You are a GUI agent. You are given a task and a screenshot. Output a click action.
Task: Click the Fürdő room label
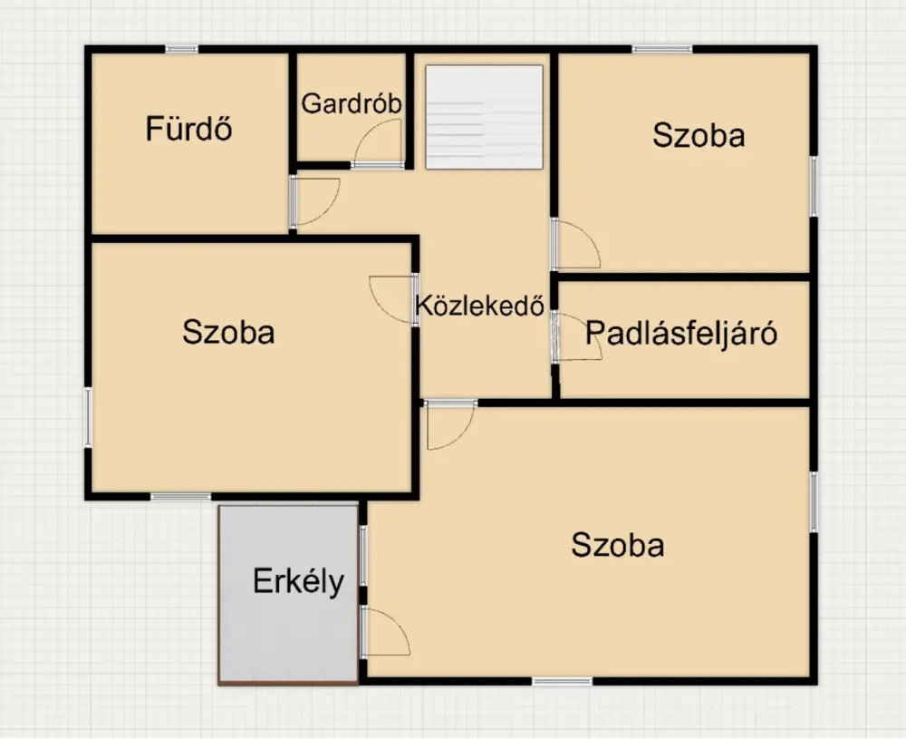coord(188,129)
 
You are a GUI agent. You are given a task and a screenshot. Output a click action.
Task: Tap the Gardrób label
coord(352,103)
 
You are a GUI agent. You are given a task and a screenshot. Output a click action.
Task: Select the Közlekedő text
coord(480,306)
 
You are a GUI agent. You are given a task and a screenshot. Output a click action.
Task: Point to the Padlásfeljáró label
coord(681,333)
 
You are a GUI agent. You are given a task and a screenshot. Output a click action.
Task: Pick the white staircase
coord(484,117)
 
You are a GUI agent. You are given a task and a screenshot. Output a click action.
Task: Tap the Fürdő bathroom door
coord(315,201)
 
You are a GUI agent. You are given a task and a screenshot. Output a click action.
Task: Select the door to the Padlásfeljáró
coord(576,337)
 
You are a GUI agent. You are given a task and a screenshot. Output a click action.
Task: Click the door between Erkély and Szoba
coord(385,631)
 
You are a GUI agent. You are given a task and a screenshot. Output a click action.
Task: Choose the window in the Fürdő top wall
coord(181,50)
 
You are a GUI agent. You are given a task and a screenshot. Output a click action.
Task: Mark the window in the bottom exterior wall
coord(563,681)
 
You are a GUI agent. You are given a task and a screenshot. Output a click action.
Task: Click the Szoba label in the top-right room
coord(699,135)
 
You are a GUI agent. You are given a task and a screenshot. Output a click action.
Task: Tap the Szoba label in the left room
coord(228,333)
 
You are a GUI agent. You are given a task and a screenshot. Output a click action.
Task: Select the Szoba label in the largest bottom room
coord(618,545)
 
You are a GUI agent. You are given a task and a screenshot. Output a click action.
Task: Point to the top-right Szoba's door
coord(576,243)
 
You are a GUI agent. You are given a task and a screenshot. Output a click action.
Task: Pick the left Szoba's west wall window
coord(89,417)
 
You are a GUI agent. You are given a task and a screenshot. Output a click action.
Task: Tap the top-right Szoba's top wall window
coord(662,50)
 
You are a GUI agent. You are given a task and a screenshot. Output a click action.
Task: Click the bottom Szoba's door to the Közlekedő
coord(450,425)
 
